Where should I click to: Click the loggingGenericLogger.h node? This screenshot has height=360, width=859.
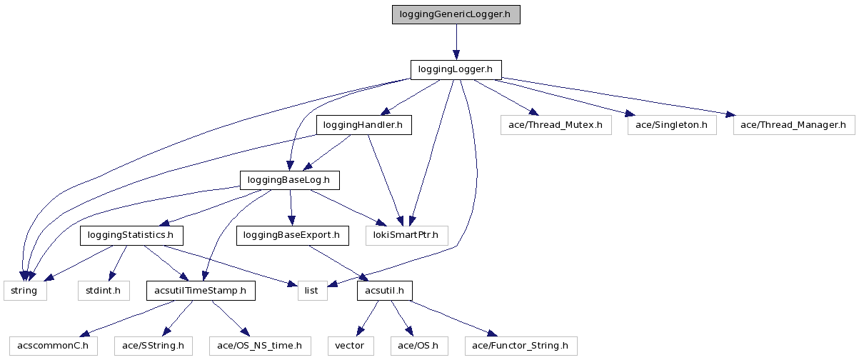[x=456, y=15]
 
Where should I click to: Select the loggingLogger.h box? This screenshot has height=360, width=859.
[x=456, y=69]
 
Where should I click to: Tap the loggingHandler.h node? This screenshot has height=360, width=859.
[x=363, y=125]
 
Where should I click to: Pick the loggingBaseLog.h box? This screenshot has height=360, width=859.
[x=288, y=180]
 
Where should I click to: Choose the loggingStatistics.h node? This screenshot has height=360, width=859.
[x=131, y=235]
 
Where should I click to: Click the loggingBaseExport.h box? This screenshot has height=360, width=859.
[x=291, y=235]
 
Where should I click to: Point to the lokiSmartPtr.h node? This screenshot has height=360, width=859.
[x=406, y=235]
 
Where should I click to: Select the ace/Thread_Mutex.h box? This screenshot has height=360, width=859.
[x=556, y=125]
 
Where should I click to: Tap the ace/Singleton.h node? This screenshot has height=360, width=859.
[x=671, y=125]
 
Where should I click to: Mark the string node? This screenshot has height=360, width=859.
[x=25, y=291]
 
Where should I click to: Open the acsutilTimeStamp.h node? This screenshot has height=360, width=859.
[x=201, y=291]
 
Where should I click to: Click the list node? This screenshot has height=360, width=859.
[x=312, y=291]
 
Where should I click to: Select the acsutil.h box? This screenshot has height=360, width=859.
[x=384, y=291]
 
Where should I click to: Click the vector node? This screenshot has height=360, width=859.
[x=350, y=346]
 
